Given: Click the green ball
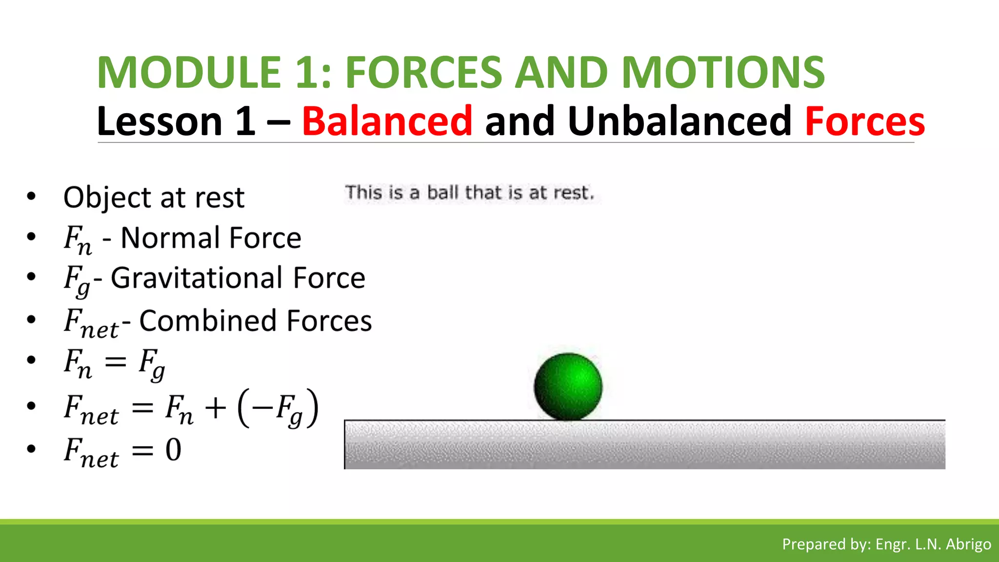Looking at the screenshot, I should [568, 386].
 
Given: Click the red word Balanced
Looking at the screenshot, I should [387, 121].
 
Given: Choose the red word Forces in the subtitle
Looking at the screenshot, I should [865, 121].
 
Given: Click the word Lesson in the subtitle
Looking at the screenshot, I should [160, 121].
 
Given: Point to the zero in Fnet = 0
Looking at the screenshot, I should [173, 450].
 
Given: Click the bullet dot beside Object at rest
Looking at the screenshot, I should [32, 197].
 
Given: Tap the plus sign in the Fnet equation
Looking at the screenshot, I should [215, 407].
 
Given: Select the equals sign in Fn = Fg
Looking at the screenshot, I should [116, 362].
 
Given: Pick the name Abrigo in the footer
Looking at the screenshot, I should [968, 544].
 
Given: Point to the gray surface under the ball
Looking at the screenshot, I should [644, 445].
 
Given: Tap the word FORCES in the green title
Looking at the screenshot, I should [423, 72].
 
